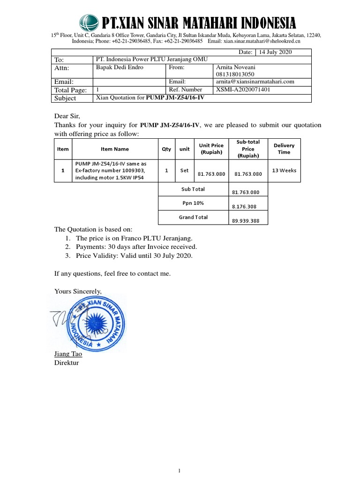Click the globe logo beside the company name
pos(89,22)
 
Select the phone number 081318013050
pos(235,74)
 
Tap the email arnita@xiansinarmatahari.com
pos(255,82)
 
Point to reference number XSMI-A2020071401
pos(243,90)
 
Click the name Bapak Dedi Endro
pos(120,67)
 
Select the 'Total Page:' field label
pos(71,90)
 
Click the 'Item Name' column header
pos(114,149)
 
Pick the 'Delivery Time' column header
pos(284,149)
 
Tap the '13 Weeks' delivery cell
pos(284,171)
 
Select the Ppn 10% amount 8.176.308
pos(246,206)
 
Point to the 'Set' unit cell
pos(184,171)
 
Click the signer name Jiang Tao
pos(68,354)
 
